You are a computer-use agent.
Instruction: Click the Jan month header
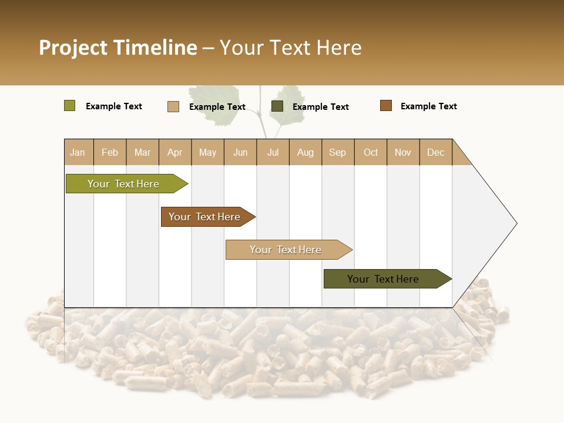click(78, 152)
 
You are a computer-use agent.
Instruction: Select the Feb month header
click(110, 152)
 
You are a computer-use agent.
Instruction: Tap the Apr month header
click(175, 152)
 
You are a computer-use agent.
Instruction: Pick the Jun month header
click(240, 152)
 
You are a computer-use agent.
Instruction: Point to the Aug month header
click(305, 152)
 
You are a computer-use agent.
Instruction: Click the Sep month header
click(338, 152)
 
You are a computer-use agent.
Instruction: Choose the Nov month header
click(403, 152)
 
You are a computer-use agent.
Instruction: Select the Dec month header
click(436, 152)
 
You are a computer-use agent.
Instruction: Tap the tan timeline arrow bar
click(286, 250)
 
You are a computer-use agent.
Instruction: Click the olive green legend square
click(69, 106)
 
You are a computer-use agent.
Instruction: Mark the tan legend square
click(173, 106)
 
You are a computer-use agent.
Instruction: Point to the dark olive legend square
click(277, 106)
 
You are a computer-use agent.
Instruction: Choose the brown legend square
click(385, 106)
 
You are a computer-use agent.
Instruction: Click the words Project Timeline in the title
click(117, 48)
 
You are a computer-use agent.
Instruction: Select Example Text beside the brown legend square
click(428, 106)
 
